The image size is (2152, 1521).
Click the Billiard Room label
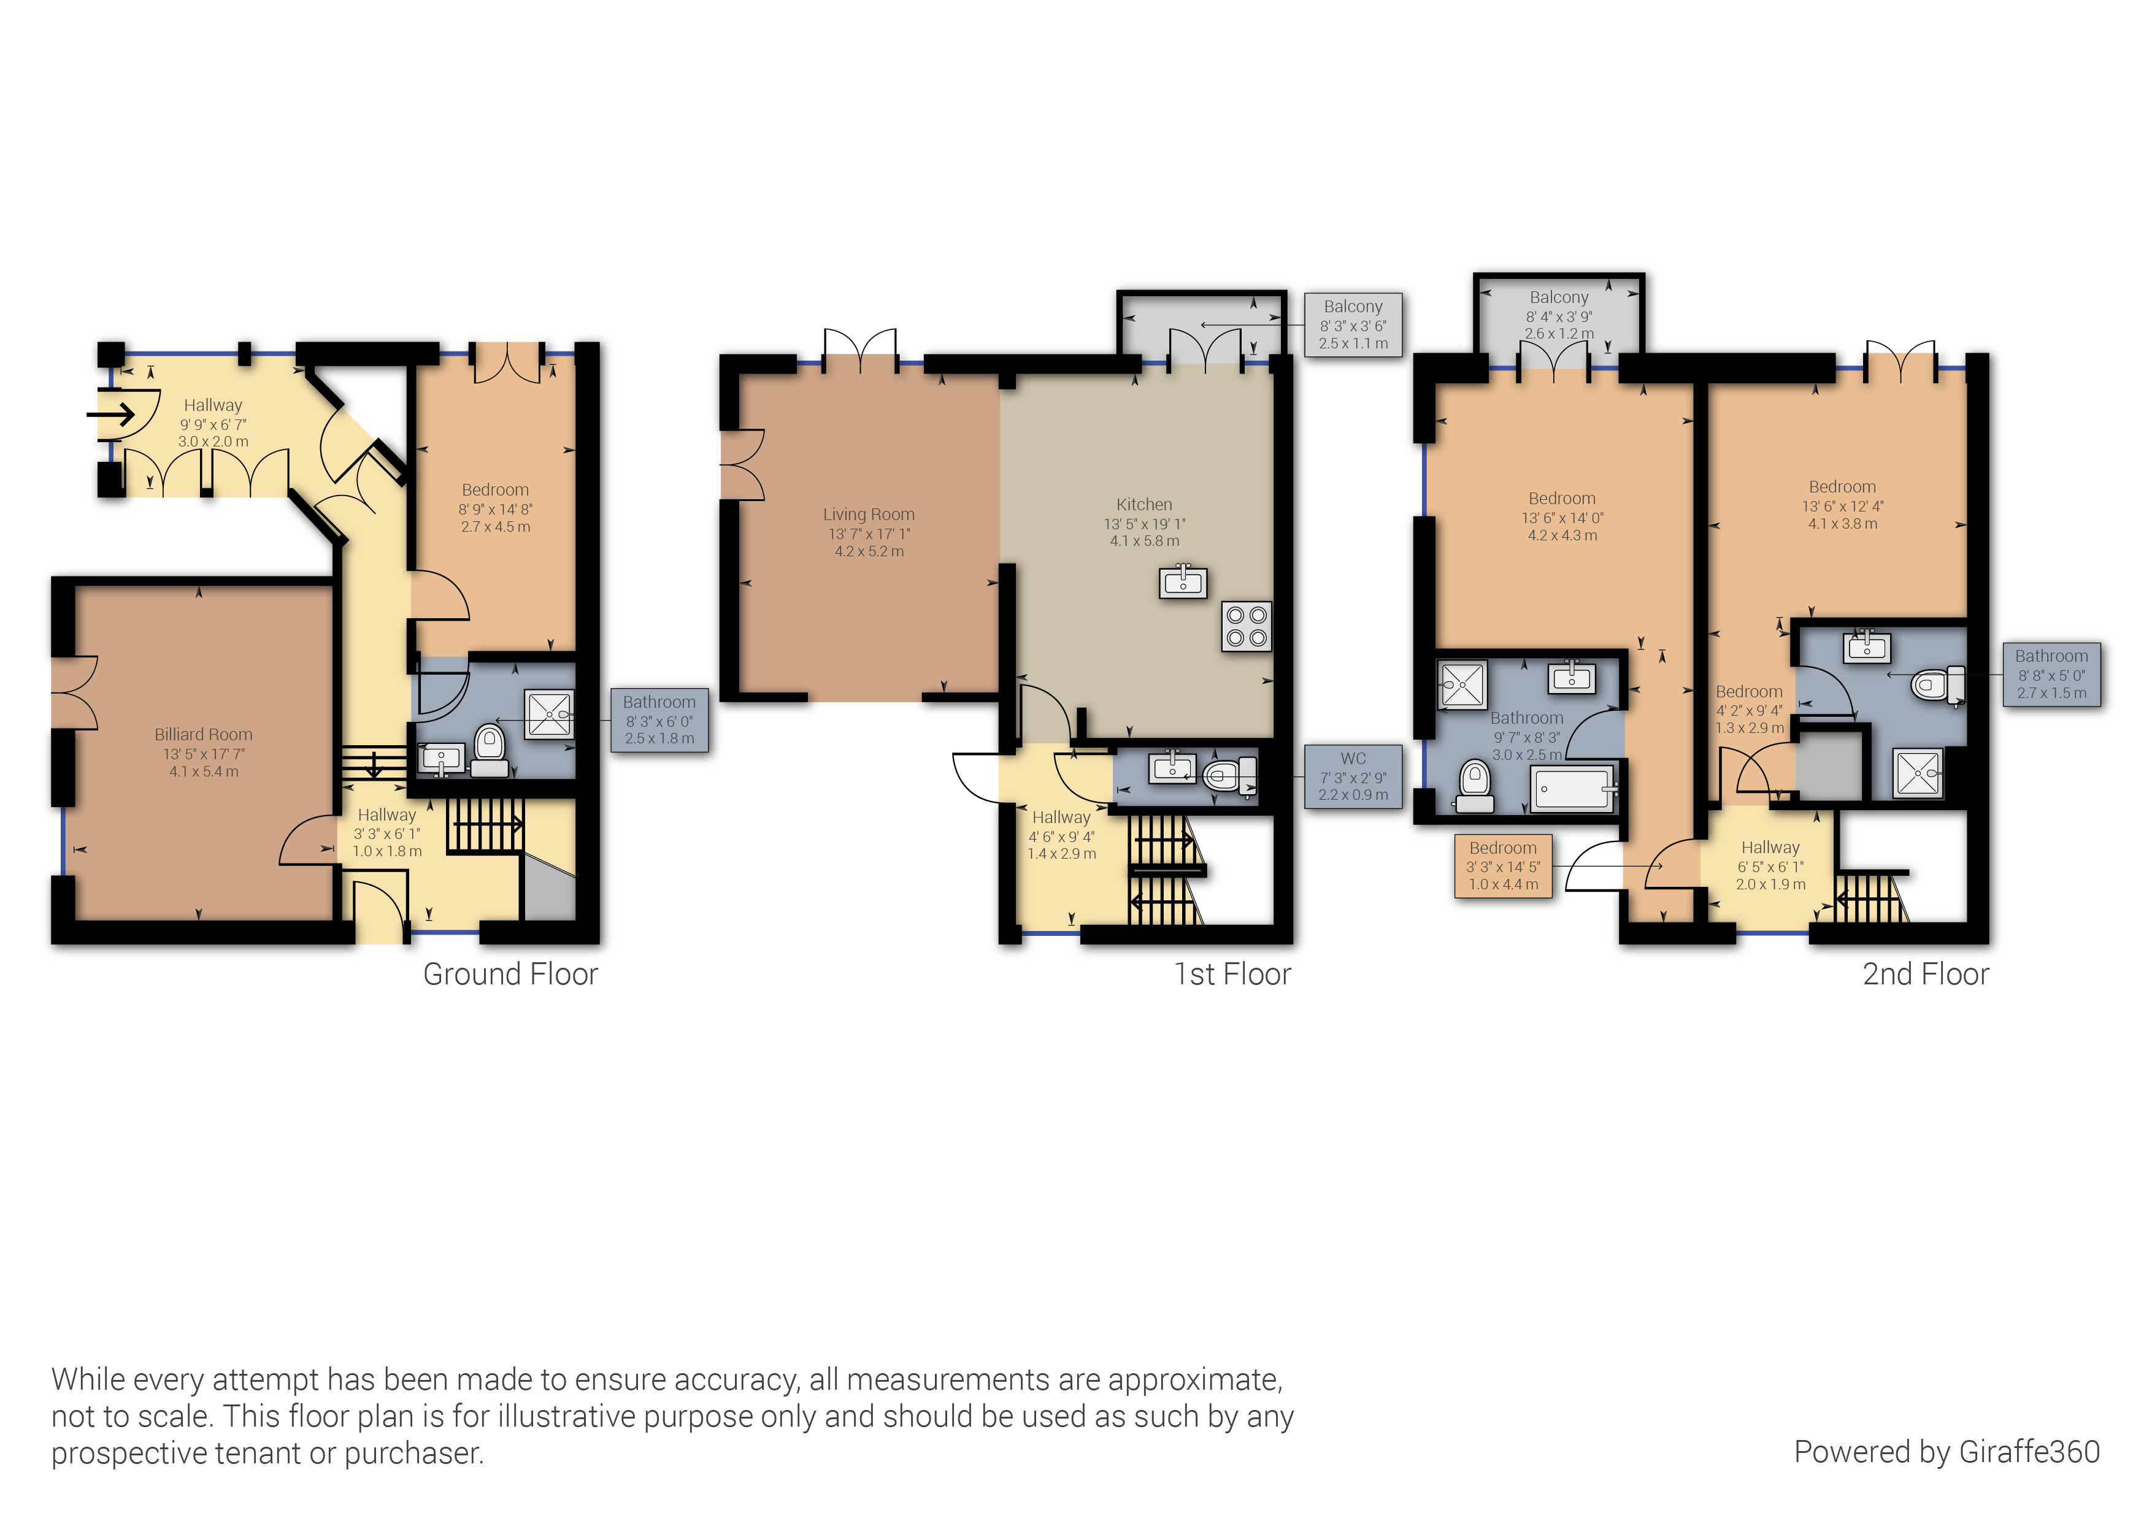click(204, 735)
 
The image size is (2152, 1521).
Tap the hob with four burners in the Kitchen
click(1247, 626)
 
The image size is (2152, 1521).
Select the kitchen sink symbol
click(1183, 582)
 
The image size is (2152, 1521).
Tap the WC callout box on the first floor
click(1353, 776)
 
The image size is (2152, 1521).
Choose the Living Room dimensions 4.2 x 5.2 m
click(869, 551)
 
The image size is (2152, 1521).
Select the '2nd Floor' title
click(1925, 974)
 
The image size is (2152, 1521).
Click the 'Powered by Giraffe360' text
click(1946, 1452)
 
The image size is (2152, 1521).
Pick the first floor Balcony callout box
click(1353, 324)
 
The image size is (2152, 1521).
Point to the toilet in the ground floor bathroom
click(490, 749)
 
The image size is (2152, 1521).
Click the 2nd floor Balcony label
click(1559, 297)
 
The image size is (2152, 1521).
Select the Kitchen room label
click(1143, 504)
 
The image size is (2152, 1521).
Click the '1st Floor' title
click(1232, 974)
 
